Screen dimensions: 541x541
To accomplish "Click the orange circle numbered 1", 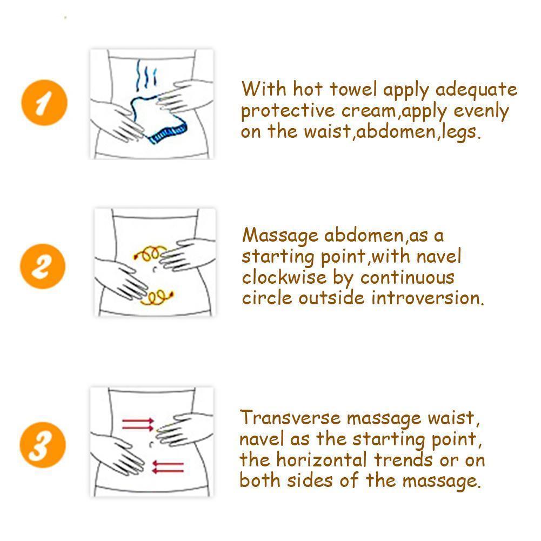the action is click(44, 103).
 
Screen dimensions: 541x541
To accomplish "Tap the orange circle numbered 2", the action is click(43, 266).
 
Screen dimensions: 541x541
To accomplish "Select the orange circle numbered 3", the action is click(43, 445).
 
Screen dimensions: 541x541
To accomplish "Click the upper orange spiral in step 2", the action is click(150, 253).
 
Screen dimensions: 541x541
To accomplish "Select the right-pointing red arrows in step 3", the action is click(138, 424).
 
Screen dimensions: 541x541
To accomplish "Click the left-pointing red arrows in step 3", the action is click(168, 467).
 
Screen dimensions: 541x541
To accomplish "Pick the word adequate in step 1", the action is click(476, 90).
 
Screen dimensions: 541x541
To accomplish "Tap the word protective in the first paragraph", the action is click(288, 111).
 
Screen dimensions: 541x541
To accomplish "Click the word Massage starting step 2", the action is click(280, 236).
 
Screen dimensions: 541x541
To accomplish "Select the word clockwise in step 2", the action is click(284, 277).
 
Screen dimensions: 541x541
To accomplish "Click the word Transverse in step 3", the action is click(290, 417).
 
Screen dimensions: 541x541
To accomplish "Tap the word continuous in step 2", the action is click(408, 278).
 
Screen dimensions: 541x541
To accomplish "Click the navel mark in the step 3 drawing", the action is click(151, 444).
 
